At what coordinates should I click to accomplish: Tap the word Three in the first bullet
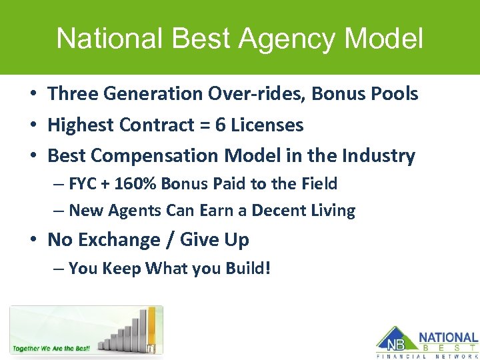point(72,94)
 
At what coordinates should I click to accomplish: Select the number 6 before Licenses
point(220,125)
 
